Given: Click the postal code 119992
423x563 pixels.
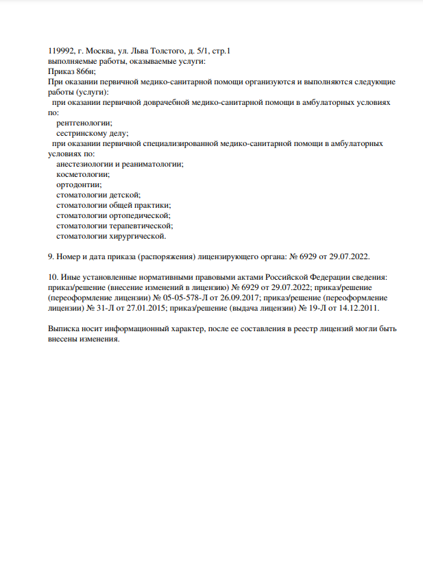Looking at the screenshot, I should [62, 51].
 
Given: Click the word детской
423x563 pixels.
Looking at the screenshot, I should [124, 195].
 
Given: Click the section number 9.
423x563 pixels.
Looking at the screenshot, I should [50, 256].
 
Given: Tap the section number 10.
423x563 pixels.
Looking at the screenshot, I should [52, 277].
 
